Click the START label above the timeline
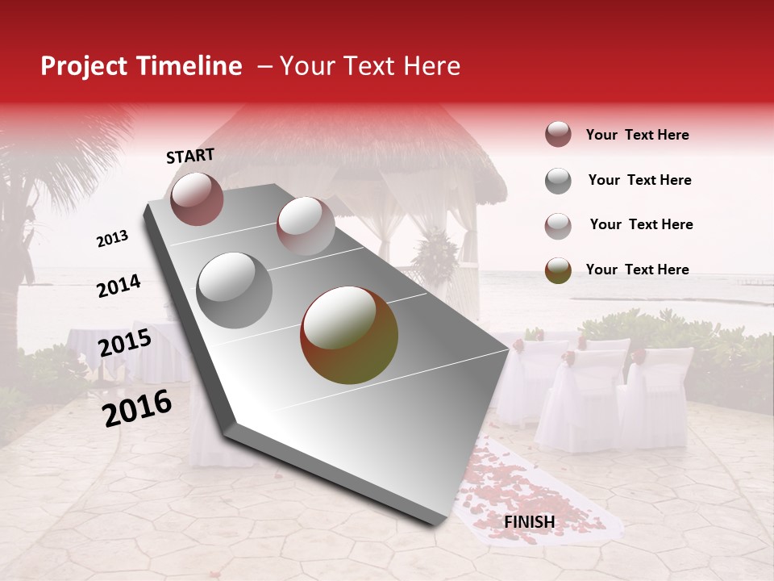pos(190,156)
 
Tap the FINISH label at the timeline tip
pos(529,522)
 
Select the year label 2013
pos(113,239)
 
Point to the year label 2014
pos(119,286)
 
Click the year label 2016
pos(137,408)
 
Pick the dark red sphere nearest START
pos(197,199)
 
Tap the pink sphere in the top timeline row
pos(305,225)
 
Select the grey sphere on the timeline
pos(235,290)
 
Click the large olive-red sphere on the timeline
pos(348,335)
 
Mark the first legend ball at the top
pos(558,135)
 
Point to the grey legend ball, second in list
pos(558,181)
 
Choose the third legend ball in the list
pos(558,225)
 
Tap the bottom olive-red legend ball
pos(558,270)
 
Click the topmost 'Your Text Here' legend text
pos(637,135)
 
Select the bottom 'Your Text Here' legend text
pos(637,270)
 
